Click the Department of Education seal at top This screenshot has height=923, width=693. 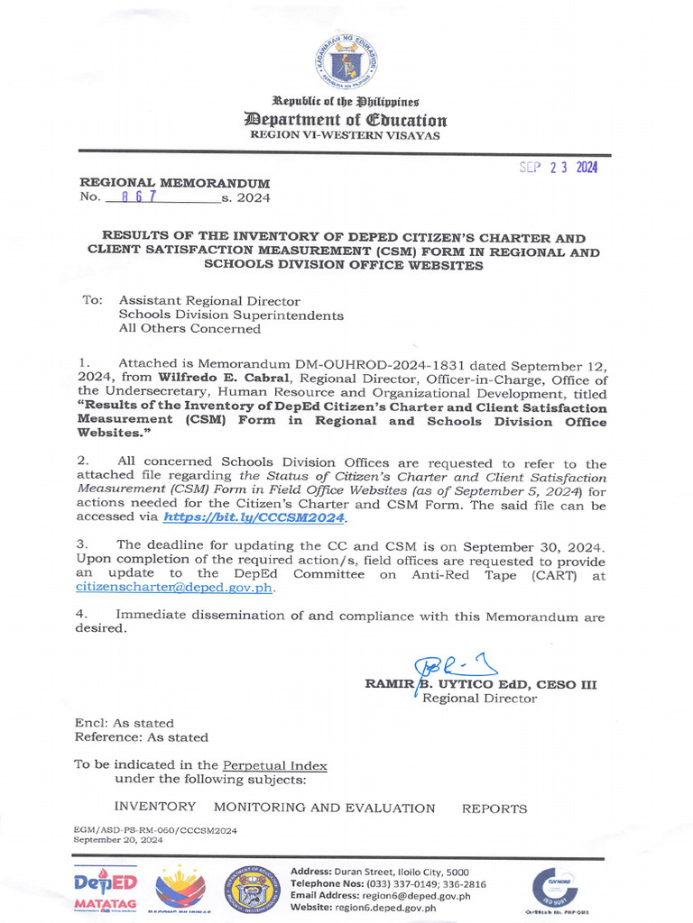pyautogui.click(x=346, y=62)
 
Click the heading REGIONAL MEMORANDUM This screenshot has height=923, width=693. pyautogui.click(x=174, y=183)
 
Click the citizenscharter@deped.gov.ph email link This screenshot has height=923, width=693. pyautogui.click(x=175, y=587)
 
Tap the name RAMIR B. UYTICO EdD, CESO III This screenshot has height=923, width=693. pyautogui.click(x=480, y=685)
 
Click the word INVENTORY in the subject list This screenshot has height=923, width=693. pyautogui.click(x=154, y=808)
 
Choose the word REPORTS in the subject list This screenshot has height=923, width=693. pyautogui.click(x=494, y=809)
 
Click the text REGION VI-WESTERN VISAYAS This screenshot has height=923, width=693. pyautogui.click(x=346, y=135)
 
